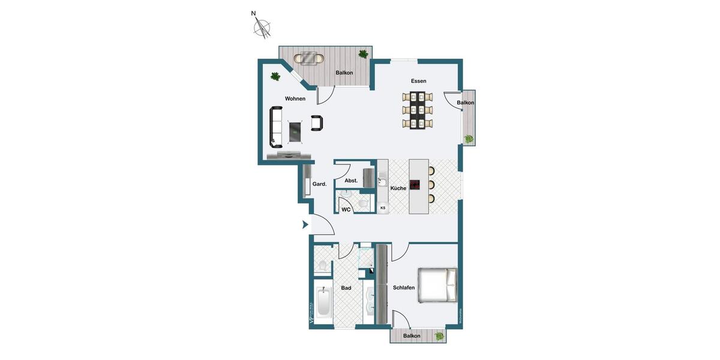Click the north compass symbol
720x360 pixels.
(262, 27)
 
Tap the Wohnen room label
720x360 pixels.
(295, 99)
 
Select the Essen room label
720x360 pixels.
(418, 81)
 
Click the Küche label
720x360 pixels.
(398, 188)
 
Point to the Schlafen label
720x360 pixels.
(404, 288)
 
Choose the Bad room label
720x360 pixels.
(346, 288)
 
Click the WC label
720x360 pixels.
(346, 209)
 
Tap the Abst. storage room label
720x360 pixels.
(351, 181)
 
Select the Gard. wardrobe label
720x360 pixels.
(319, 184)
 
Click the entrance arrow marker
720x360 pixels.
(305, 225)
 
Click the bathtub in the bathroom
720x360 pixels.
(323, 303)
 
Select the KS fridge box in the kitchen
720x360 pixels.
(383, 208)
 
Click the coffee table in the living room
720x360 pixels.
(295, 131)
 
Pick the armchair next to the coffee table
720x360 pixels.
(317, 123)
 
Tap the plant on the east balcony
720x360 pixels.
(469, 139)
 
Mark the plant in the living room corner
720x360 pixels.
(275, 76)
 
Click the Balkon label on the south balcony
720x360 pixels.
(412, 336)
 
